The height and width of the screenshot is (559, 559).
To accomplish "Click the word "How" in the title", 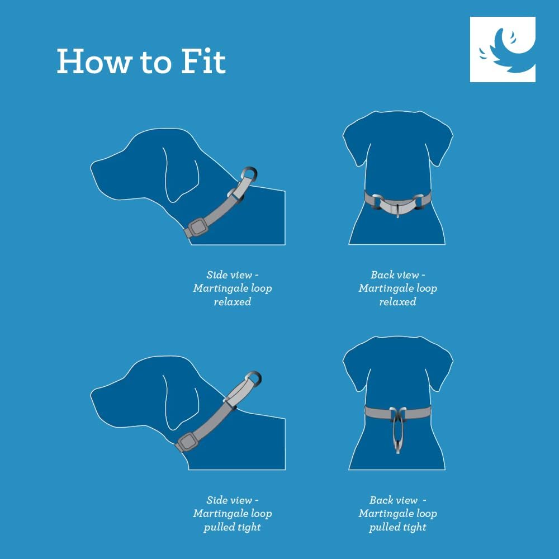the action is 94,61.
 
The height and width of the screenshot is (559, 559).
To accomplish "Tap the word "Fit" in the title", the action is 203,61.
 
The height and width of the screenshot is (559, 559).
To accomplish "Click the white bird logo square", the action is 503,49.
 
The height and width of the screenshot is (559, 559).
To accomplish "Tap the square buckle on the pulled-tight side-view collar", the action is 187,442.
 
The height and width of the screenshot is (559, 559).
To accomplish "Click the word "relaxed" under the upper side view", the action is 233,302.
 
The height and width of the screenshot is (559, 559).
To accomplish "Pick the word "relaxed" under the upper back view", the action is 397,302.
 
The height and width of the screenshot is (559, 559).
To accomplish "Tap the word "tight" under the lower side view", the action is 249,527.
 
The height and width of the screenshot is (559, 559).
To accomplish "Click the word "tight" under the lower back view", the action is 415,527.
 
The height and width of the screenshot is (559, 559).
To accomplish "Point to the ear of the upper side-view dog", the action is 181,174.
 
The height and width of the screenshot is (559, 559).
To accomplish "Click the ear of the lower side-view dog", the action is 181,403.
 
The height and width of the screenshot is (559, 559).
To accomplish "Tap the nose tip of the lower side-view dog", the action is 91,395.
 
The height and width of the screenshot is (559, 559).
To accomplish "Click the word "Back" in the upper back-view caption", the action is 382,275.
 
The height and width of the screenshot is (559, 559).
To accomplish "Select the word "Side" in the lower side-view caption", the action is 216,500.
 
